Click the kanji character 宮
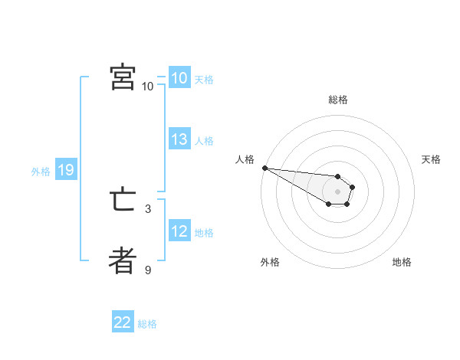123,77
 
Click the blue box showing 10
179,78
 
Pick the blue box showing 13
179,139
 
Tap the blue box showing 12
179,231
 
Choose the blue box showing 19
65,170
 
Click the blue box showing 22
123,322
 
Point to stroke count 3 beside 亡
148,208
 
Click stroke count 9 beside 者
148,270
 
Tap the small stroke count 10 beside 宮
148,86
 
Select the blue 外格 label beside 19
41,172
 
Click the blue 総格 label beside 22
147,324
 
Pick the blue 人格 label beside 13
204,141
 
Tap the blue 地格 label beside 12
204,233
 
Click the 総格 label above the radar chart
337,100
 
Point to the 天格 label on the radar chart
432,159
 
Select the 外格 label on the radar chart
270,262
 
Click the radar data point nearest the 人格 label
264,168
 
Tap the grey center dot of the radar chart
337,191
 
